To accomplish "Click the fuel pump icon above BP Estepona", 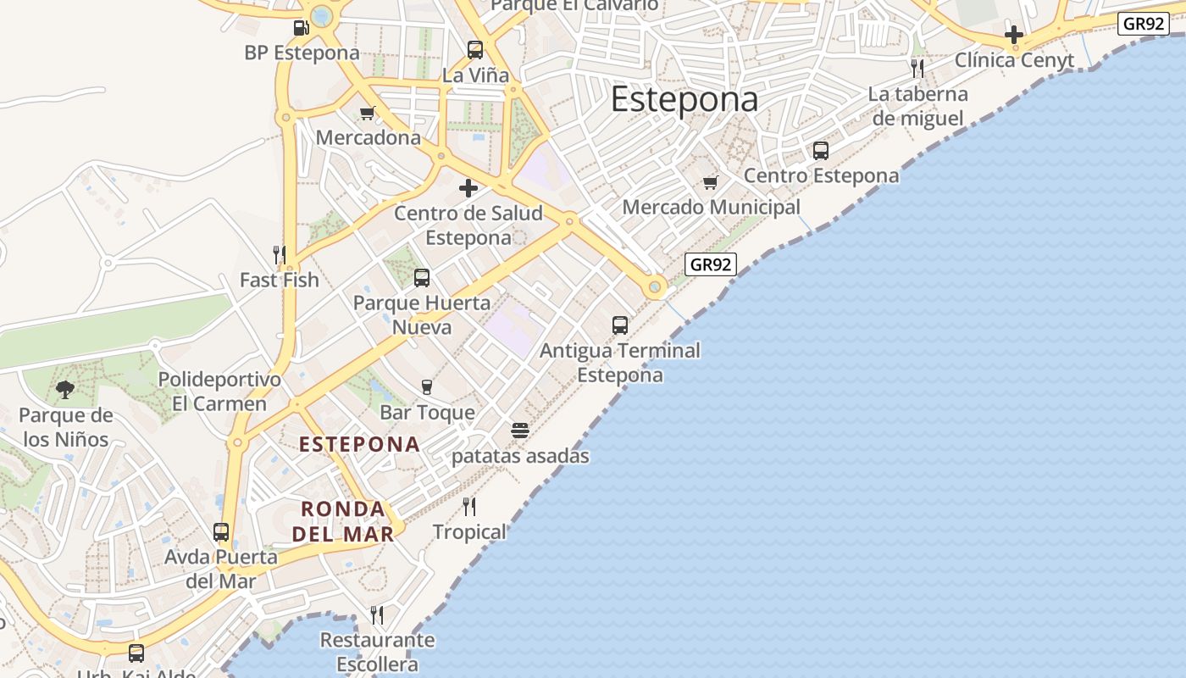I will click(x=301, y=28).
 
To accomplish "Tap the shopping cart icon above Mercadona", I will click(x=368, y=113).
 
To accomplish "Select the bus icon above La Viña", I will click(x=475, y=50).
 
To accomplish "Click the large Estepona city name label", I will click(x=684, y=99).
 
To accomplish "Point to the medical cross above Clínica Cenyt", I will click(x=1014, y=35).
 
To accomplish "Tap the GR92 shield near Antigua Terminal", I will click(x=710, y=264).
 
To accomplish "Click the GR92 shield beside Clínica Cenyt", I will click(x=1144, y=23).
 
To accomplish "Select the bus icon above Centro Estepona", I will click(x=821, y=151).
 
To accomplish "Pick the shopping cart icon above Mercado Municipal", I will click(x=711, y=182).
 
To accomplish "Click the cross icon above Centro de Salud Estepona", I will click(x=468, y=188).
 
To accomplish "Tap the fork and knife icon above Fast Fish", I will click(x=279, y=254).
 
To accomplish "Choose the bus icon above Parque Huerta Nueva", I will click(x=422, y=278).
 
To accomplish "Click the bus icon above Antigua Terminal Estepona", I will click(x=620, y=325).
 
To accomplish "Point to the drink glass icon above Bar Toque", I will click(x=427, y=387).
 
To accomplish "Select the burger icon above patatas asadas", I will click(x=520, y=431).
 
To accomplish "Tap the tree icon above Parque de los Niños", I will click(x=65, y=390).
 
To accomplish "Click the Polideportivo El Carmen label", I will click(x=219, y=392).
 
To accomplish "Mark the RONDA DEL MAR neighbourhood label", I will click(x=344, y=521).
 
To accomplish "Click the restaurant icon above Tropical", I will click(x=469, y=507).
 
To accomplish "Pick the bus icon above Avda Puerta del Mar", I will click(x=221, y=532).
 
